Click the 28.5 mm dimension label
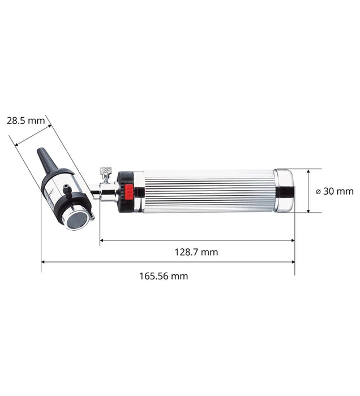[26, 120]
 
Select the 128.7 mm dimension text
[196, 252]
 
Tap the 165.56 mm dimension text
[164, 276]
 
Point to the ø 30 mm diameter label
[335, 191]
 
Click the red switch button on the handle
[129, 191]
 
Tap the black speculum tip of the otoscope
[47, 160]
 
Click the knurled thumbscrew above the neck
[105, 171]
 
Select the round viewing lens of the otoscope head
[78, 220]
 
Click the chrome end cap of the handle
[284, 191]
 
